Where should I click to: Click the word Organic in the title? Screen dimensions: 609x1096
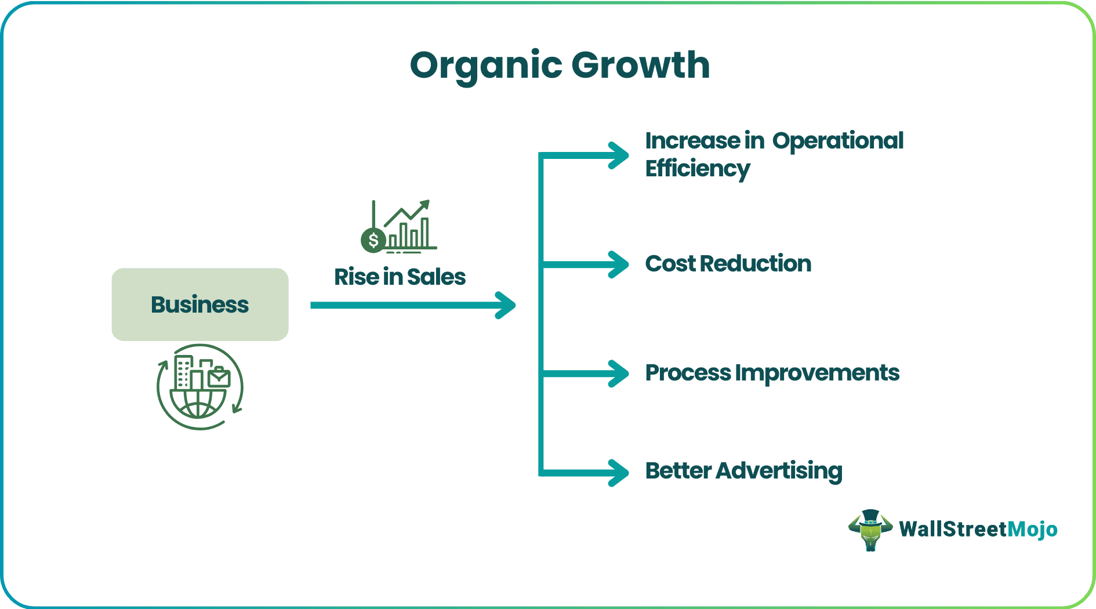click(486, 66)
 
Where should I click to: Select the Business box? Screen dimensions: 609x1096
click(200, 304)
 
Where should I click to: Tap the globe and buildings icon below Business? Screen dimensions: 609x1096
click(199, 387)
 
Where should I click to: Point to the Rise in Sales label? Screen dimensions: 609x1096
click(400, 277)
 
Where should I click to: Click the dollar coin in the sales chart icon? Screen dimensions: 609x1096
click(373, 240)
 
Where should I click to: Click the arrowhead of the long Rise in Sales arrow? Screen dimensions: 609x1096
click(506, 305)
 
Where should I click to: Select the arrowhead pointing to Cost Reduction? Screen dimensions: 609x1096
click(619, 264)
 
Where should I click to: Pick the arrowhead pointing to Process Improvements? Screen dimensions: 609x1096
click(619, 374)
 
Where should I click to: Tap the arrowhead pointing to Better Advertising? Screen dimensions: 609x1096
click(619, 472)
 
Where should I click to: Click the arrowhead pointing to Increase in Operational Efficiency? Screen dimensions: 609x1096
click(619, 155)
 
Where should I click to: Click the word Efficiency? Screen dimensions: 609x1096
click(698, 169)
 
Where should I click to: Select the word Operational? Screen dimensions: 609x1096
click(837, 141)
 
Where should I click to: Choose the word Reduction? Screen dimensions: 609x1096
click(755, 264)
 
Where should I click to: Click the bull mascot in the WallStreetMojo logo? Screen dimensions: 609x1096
click(870, 530)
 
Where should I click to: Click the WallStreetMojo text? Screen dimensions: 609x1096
click(978, 529)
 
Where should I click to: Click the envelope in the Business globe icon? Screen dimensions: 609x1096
click(219, 378)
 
